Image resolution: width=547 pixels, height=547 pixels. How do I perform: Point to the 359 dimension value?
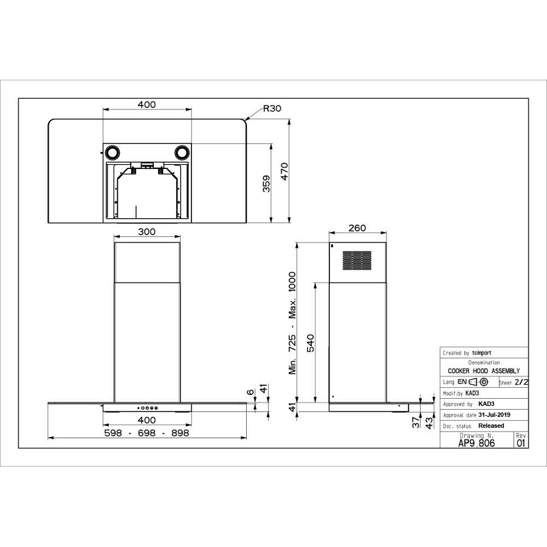266,184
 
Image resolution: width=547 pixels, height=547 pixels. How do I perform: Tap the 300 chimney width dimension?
147,232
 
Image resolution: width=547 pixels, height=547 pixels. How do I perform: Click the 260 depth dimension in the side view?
358,228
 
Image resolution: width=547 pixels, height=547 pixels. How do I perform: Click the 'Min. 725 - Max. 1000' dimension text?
292,325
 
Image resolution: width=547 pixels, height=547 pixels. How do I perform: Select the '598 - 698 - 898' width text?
146,433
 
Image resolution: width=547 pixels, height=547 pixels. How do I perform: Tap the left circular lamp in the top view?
112,151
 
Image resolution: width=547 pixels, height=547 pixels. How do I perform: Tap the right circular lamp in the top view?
182,151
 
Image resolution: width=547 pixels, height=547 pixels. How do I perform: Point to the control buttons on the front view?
148,408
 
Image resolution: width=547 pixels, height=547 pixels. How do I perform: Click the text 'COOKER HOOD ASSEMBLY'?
484,371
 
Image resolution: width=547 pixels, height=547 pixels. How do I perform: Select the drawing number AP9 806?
476,443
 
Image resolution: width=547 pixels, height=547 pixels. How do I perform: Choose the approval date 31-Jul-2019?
494,415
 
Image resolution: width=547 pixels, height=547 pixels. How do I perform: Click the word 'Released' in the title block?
491,425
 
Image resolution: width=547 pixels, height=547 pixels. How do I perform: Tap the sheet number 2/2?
521,382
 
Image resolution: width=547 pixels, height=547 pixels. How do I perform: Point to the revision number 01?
521,443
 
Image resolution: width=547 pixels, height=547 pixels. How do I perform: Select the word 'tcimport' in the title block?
481,353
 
